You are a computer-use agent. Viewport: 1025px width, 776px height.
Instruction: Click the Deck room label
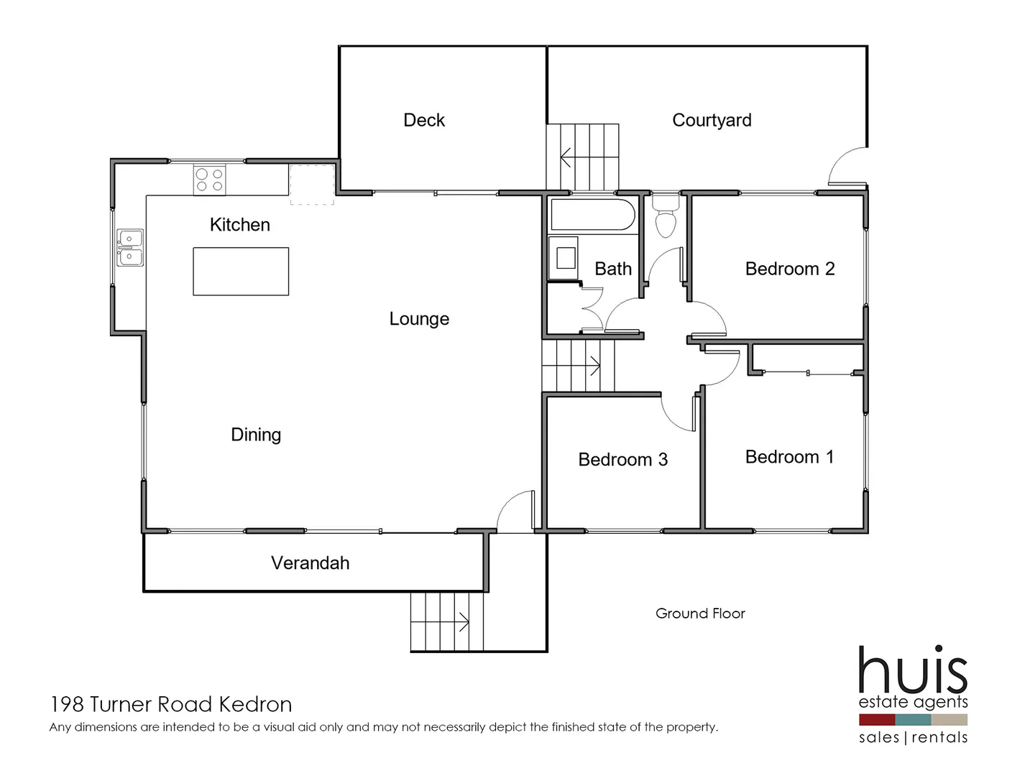tap(424, 120)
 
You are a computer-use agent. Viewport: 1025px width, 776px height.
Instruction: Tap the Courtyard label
tap(712, 120)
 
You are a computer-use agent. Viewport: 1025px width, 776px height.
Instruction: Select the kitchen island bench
tap(241, 272)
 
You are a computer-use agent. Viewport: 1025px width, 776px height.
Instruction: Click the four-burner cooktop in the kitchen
tap(209, 180)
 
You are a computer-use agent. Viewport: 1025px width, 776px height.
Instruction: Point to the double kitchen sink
tap(130, 247)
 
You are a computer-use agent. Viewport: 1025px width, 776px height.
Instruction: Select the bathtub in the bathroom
tap(592, 215)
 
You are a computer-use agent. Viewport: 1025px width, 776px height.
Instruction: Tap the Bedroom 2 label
tap(789, 269)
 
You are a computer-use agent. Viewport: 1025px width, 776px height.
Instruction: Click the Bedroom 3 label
tap(622, 459)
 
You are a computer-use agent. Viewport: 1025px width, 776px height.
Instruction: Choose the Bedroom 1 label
tap(789, 457)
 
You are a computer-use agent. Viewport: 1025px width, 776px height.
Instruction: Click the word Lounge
tap(419, 319)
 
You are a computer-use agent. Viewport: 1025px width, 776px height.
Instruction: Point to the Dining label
tap(256, 435)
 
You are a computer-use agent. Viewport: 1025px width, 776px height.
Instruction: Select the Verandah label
tap(310, 563)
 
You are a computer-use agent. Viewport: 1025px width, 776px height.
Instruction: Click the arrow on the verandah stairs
tap(463, 622)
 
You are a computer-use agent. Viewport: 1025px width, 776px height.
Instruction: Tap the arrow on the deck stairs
tap(566, 157)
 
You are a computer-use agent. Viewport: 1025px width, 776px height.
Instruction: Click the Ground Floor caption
tap(700, 614)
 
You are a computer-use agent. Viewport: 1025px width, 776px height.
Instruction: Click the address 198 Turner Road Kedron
tap(171, 704)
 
